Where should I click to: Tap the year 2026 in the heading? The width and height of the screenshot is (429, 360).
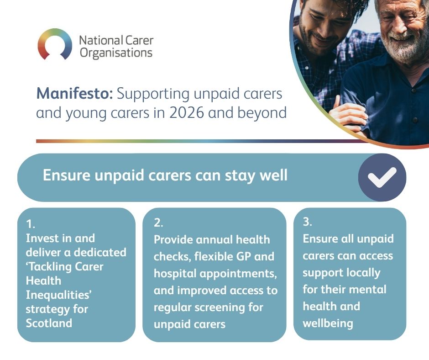(186, 113)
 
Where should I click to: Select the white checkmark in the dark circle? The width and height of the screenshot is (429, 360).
(382, 178)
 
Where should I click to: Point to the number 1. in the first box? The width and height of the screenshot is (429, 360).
(31, 224)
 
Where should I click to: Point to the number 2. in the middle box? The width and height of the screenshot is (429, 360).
(158, 223)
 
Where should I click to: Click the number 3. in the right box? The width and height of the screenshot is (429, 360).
(307, 222)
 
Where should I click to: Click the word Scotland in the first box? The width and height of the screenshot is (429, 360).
(49, 323)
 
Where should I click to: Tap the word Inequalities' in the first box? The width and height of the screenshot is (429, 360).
(58, 295)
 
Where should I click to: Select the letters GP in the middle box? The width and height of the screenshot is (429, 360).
(241, 256)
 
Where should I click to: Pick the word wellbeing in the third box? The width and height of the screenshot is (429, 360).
(328, 323)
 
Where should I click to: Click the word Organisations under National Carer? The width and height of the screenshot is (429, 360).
(116, 53)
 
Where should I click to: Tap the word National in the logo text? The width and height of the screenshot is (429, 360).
(101, 41)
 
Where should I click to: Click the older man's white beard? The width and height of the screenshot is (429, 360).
(404, 48)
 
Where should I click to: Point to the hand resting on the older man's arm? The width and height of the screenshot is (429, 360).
(347, 115)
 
